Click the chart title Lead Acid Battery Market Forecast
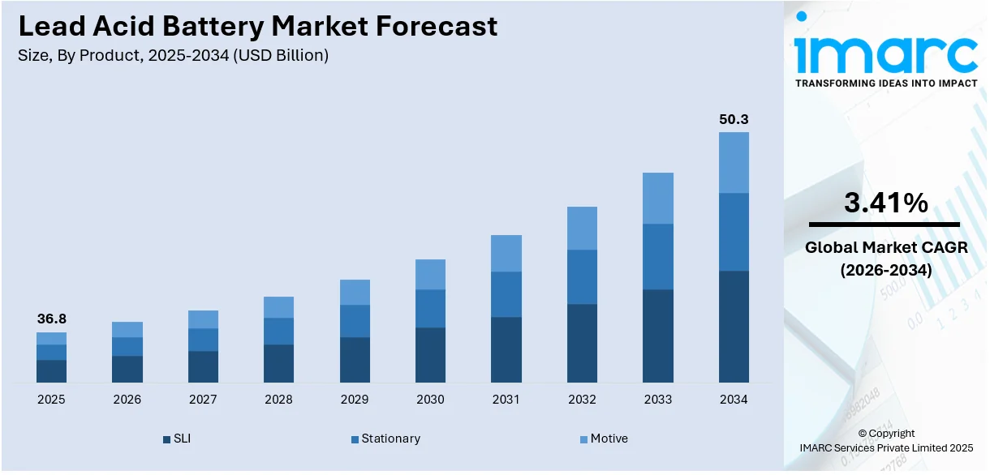coord(257,26)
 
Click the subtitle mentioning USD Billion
coord(173,56)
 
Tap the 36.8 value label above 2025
coord(51,319)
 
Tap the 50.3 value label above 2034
coord(734,119)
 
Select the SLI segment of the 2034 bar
coord(734,326)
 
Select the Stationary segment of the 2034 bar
coord(734,232)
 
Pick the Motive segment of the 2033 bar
coord(658,198)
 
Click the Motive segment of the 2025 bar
coord(51,338)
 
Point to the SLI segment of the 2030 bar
coord(430,354)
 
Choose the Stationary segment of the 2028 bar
coord(278,331)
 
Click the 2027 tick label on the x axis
coord(203,400)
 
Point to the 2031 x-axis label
coord(506,400)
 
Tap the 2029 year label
coord(355,400)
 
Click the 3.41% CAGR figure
coord(886,203)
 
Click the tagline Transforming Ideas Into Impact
coord(886,83)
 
